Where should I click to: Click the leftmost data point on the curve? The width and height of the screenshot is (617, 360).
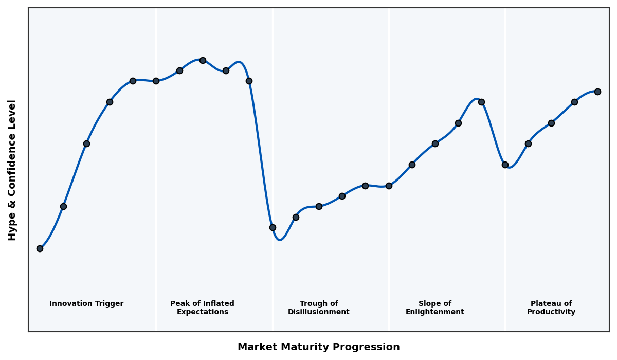[x=40, y=248]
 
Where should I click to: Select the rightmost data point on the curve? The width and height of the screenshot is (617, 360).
[x=597, y=92]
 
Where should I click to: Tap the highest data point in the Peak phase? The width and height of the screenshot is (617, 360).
[x=203, y=60]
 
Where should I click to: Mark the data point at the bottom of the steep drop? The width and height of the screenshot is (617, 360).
[x=273, y=227]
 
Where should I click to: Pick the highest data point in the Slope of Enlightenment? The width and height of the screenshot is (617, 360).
[x=481, y=102]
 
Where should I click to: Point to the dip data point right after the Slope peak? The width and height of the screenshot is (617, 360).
[x=505, y=165]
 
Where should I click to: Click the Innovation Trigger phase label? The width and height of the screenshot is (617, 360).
[x=86, y=304]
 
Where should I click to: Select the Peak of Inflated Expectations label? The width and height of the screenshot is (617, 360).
[x=202, y=308]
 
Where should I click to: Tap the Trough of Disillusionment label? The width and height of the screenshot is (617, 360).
[x=319, y=308]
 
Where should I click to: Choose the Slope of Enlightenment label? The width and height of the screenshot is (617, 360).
[x=435, y=308]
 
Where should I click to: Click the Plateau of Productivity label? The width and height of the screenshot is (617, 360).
[x=551, y=308]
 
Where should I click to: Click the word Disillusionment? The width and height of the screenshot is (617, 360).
[x=319, y=312]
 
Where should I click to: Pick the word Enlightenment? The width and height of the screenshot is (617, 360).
[x=435, y=312]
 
